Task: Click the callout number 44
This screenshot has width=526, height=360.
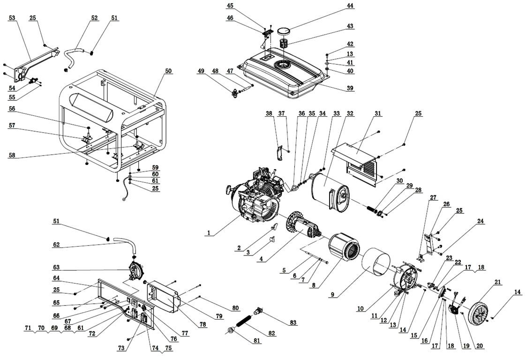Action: pyautogui.click(x=350, y=6)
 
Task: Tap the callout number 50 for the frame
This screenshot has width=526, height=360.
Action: pyautogui.click(x=168, y=71)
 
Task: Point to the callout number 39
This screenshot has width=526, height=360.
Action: pyautogui.click(x=350, y=88)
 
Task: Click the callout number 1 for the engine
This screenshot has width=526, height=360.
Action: pyautogui.click(x=209, y=232)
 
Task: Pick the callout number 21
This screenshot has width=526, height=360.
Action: pyautogui.click(x=498, y=282)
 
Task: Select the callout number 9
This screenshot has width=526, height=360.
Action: pyautogui.click(x=332, y=295)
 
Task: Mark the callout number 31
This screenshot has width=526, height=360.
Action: pyautogui.click(x=378, y=113)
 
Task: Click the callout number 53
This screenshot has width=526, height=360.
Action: pyautogui.click(x=12, y=18)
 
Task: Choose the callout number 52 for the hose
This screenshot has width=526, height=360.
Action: pyautogui.click(x=95, y=18)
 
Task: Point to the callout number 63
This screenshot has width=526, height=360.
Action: pyautogui.click(x=56, y=267)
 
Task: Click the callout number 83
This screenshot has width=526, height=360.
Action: pyautogui.click(x=293, y=323)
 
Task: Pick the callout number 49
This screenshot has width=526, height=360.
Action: pyautogui.click(x=201, y=71)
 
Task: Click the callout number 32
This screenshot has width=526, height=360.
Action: pyautogui.click(x=350, y=113)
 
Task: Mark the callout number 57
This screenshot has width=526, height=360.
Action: pyautogui.click(x=12, y=126)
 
